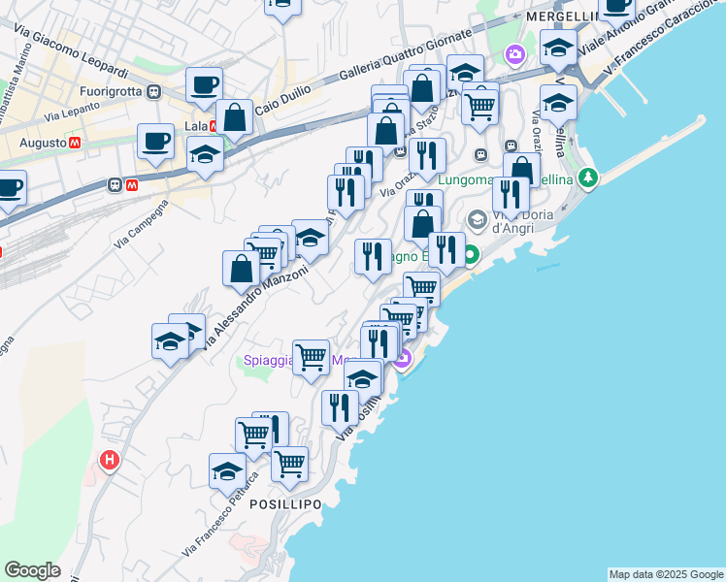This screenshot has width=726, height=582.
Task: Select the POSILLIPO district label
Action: [x=285, y=504]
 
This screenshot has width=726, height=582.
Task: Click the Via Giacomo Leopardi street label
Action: [x=80, y=56]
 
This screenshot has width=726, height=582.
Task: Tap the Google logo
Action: [x=32, y=570]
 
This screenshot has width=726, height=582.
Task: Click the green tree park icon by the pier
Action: [x=587, y=178]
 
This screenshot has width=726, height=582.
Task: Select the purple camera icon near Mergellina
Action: [x=514, y=54]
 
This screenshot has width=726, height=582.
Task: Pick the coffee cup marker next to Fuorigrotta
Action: [x=204, y=85]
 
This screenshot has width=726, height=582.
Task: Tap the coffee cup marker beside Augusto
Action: [x=155, y=142]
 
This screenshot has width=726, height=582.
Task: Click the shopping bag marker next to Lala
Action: [x=235, y=117]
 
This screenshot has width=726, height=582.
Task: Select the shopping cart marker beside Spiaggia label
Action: [x=311, y=357]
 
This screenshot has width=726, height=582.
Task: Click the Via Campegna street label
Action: [x=141, y=223]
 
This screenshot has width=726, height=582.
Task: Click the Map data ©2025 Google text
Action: [x=666, y=574]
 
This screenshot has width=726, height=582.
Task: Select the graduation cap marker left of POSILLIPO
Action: [x=227, y=471]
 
